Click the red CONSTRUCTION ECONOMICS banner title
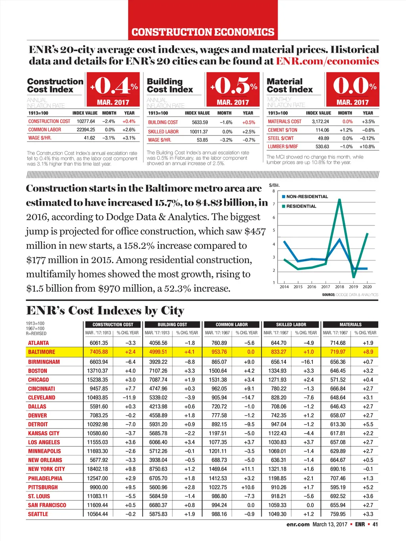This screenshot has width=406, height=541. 203,32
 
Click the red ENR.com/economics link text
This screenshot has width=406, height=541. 327,61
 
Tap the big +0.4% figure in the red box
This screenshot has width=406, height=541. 113,85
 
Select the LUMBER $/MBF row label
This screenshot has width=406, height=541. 283,147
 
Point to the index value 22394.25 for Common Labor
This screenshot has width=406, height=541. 86,130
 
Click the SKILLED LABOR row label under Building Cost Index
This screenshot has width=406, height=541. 163,132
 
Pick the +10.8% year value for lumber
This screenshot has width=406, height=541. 367,147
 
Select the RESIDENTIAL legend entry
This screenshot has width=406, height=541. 301,206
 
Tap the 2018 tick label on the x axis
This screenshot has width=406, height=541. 339,287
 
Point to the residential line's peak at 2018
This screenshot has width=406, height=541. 339,199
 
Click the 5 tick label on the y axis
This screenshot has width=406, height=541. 274,230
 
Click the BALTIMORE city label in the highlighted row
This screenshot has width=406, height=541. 42,352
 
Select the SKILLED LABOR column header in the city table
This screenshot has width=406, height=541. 291,325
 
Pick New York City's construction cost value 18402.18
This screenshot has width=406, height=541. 98,469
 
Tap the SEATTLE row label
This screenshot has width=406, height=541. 38,514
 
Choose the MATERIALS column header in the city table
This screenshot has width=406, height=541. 350,325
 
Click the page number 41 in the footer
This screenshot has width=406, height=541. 375,524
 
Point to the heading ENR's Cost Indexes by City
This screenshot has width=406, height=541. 105,310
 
